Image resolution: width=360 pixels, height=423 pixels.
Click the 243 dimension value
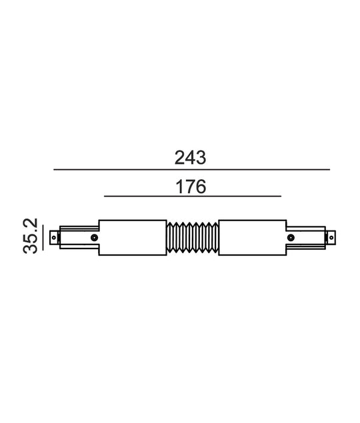coord(190,158)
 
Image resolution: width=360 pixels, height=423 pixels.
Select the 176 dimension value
coord(191,187)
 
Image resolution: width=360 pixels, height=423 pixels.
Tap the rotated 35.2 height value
coord(30,236)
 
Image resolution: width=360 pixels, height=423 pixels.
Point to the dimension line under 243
coord(192,170)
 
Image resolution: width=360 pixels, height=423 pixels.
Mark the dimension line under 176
coord(193,197)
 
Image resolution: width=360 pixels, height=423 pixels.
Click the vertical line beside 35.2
coord(43,238)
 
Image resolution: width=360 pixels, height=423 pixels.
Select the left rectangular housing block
coord(133,238)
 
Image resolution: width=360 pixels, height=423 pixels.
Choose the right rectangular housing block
coord(253,238)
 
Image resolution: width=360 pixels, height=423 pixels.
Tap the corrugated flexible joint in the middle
coord(193,238)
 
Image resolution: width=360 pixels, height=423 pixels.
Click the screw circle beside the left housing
coord(94,238)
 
